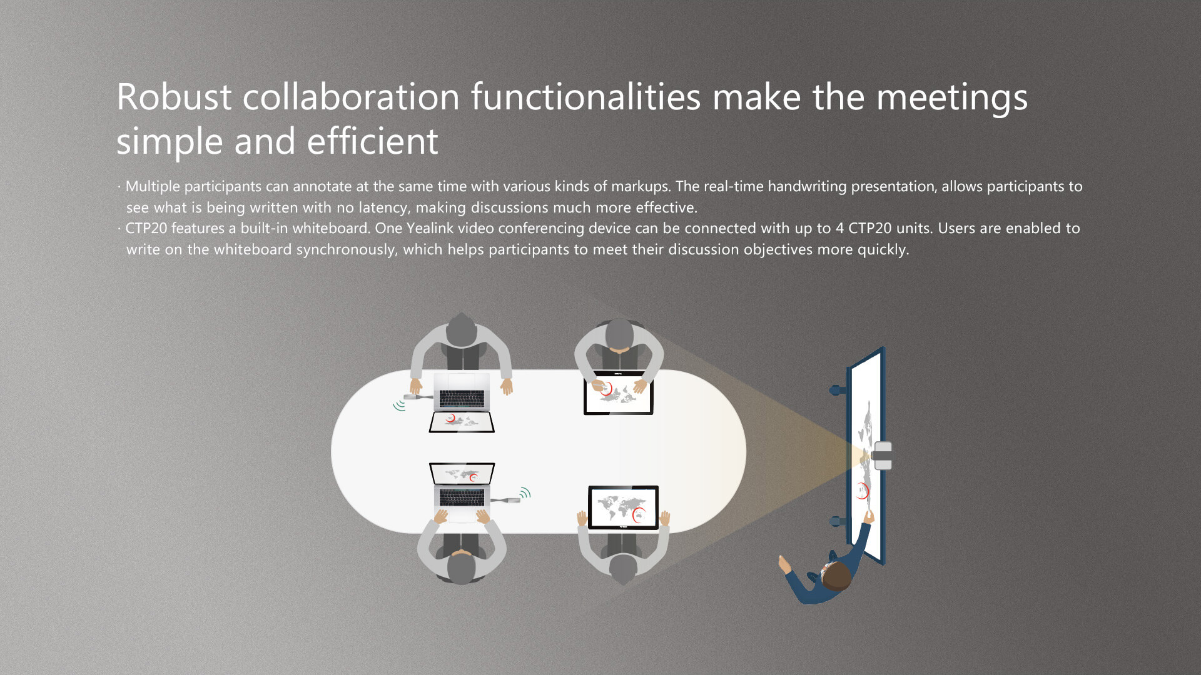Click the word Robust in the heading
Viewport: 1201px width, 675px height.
[174, 97]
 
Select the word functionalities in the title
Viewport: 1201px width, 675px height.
[585, 97]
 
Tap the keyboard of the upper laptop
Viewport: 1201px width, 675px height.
[462, 398]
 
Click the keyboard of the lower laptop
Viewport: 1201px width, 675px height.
[462, 497]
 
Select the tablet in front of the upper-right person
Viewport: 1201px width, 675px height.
[619, 392]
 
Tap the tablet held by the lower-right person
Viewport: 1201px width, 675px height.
[623, 507]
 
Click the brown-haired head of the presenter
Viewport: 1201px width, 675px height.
[837, 576]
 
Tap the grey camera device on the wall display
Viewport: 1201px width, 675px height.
[883, 456]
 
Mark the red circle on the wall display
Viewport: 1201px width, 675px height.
[863, 491]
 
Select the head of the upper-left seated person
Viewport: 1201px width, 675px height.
[461, 329]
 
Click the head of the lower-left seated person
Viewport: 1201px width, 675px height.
[461, 568]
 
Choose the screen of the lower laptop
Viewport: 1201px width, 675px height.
[462, 474]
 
